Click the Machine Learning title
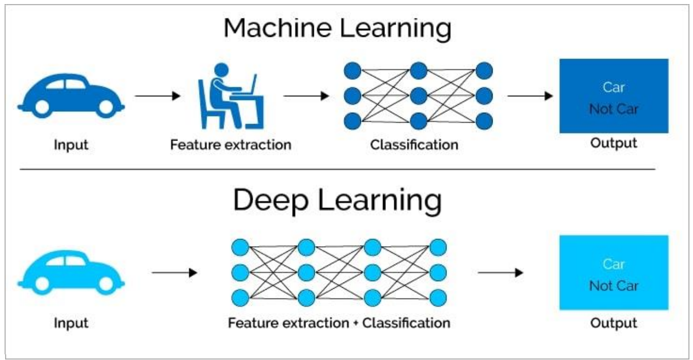click(337, 29)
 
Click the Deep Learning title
click(337, 201)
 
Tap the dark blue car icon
click(71, 95)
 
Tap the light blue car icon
click(71, 272)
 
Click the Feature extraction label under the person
click(231, 145)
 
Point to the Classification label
click(414, 145)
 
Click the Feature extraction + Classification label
click(339, 323)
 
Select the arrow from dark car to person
click(157, 96)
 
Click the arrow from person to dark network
click(306, 96)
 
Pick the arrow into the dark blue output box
click(530, 96)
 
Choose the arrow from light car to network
click(174, 273)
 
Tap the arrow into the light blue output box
click(500, 273)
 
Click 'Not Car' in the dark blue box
click(614, 109)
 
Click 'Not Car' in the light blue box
click(614, 286)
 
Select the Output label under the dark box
click(614, 143)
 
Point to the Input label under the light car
click(71, 323)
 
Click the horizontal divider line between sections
click(337, 169)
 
